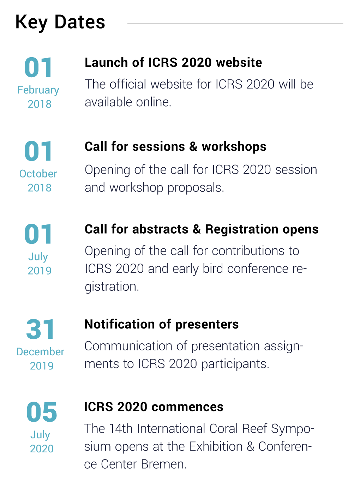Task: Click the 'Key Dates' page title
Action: tap(60, 23)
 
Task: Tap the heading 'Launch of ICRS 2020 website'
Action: tap(173, 62)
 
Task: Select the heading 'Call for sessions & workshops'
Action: tap(175, 146)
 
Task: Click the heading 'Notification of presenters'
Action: tap(162, 324)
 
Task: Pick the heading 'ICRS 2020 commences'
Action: tap(154, 407)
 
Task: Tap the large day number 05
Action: tap(41, 412)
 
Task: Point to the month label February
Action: tap(38, 90)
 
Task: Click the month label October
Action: tap(38, 174)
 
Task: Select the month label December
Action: tap(40, 352)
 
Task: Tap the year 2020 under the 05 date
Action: tap(42, 448)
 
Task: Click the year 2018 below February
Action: tap(40, 104)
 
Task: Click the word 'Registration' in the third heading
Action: tap(241, 229)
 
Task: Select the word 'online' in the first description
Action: tap(154, 102)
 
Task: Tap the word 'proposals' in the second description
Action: tap(196, 188)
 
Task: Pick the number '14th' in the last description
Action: tap(121, 428)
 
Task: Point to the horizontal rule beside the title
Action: tap(235, 23)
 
